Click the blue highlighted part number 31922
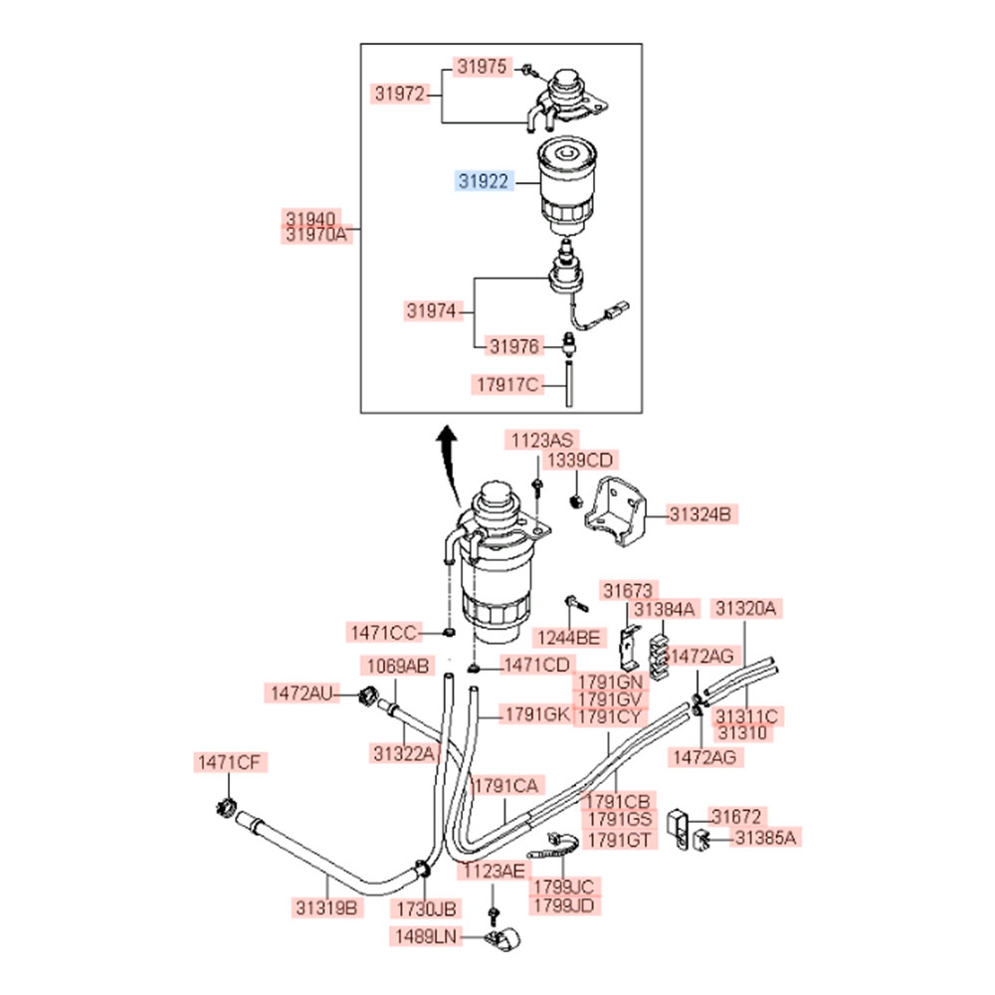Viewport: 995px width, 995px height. click(x=484, y=181)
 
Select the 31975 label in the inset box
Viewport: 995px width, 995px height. click(x=484, y=67)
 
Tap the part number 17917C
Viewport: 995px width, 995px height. click(x=504, y=383)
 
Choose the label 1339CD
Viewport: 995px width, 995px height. click(x=580, y=461)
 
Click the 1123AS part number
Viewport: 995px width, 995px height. click(x=543, y=440)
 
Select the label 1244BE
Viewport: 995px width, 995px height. click(x=568, y=637)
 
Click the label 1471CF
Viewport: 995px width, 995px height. click(x=228, y=763)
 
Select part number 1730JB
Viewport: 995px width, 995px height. click(x=426, y=907)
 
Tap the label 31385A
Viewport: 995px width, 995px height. click(x=765, y=839)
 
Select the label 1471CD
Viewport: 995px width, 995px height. click(x=536, y=665)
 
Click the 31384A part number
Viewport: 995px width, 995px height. click(x=666, y=608)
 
